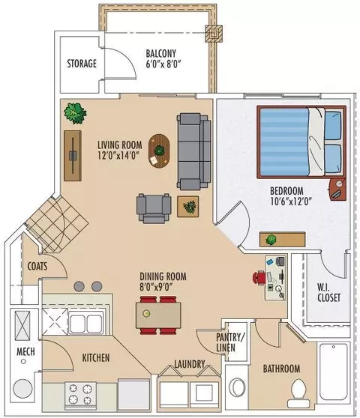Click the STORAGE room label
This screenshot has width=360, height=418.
coord(82,64)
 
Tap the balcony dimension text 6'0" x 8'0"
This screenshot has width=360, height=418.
coord(163,64)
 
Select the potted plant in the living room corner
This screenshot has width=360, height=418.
coord(75,113)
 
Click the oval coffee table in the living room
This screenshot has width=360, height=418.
coord(159,151)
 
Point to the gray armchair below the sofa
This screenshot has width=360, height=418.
coord(154,208)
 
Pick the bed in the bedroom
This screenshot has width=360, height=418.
coord(301,142)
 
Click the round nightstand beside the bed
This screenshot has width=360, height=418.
coord(337,190)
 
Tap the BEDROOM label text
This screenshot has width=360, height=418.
coord(286,191)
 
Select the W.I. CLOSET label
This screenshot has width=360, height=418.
coord(328,292)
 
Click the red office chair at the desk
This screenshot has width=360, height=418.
coord(259,277)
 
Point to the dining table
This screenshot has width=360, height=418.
coord(158,315)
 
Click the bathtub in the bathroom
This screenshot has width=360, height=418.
coord(334,372)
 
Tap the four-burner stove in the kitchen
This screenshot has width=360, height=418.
coord(80,396)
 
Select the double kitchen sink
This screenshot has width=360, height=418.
coord(86,322)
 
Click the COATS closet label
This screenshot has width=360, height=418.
coord(37,266)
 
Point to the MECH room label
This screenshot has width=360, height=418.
coord(25,351)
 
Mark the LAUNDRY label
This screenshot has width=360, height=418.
coord(190,364)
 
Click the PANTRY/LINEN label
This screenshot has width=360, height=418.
coord(229,342)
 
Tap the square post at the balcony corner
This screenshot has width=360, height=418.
coord(214,33)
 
